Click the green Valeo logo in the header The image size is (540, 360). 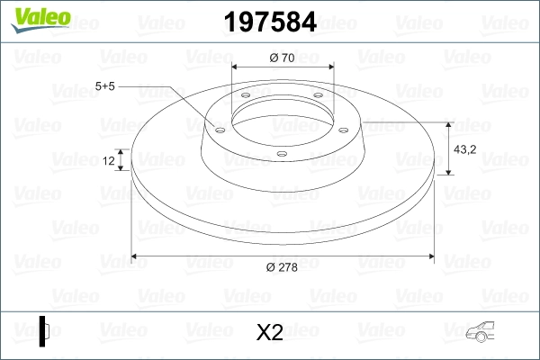pos(40,19)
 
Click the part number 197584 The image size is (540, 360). pos(270,22)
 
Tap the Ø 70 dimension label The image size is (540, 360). pos(282,58)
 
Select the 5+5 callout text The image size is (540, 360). pos(104,86)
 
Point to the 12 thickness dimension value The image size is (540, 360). pos(109,160)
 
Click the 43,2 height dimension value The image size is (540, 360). pos(464,149)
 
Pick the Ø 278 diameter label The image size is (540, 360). pos(282,267)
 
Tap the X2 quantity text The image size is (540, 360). pos(270,332)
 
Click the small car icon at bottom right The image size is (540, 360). pos(480,331)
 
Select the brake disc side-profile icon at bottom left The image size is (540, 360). pos(44,331)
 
